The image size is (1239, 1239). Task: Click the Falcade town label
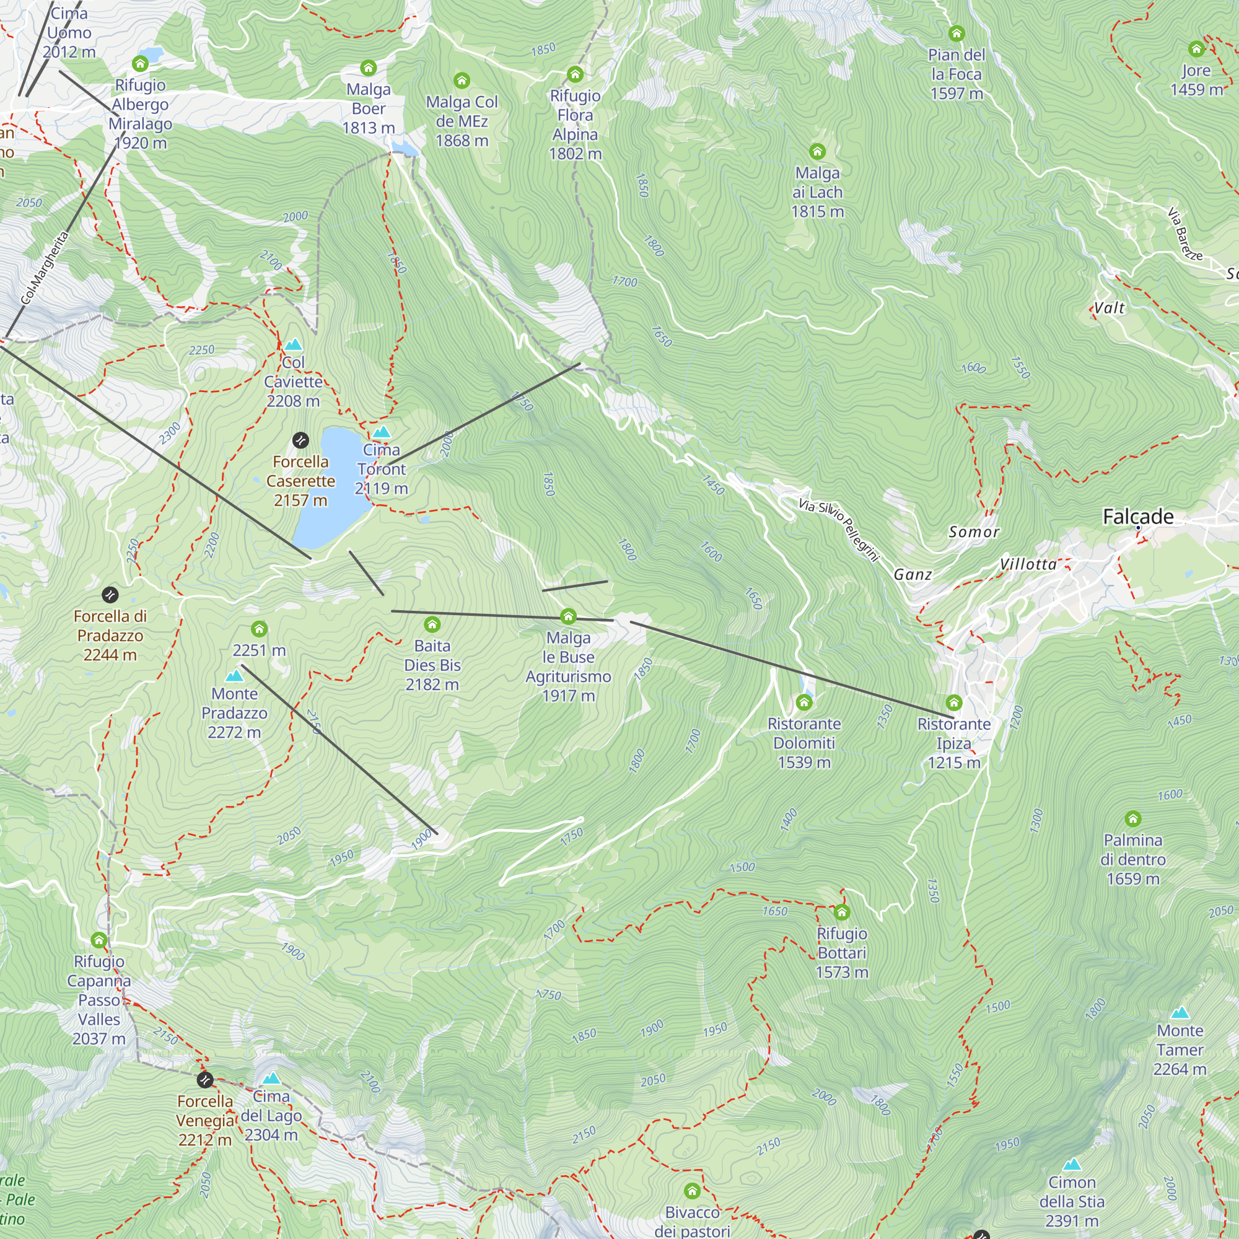pyautogui.click(x=1137, y=516)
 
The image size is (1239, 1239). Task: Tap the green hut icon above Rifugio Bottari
pyautogui.click(x=841, y=912)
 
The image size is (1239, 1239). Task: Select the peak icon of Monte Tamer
pyautogui.click(x=1180, y=1014)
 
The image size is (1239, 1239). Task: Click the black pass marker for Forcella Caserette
pyautogui.click(x=300, y=440)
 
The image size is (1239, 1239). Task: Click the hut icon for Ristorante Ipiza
pyautogui.click(x=953, y=703)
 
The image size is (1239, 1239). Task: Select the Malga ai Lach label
pyautogui.click(x=817, y=192)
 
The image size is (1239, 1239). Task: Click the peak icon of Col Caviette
pyautogui.click(x=293, y=345)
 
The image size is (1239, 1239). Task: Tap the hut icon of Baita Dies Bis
pyautogui.click(x=432, y=624)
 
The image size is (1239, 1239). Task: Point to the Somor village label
pyautogui.click(x=973, y=532)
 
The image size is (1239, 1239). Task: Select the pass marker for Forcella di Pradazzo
pyautogui.click(x=110, y=595)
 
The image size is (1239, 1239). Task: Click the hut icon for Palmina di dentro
pyautogui.click(x=1132, y=818)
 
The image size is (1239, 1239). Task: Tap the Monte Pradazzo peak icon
pyautogui.click(x=234, y=676)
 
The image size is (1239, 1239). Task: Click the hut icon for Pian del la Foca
pyautogui.click(x=956, y=33)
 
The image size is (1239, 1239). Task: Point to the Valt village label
pyautogui.click(x=1109, y=308)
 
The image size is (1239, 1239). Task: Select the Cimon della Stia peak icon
pyautogui.click(x=1072, y=1165)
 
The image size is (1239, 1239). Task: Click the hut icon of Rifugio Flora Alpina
pyautogui.click(x=575, y=74)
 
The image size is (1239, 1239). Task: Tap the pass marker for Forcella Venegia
pyautogui.click(x=204, y=1079)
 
